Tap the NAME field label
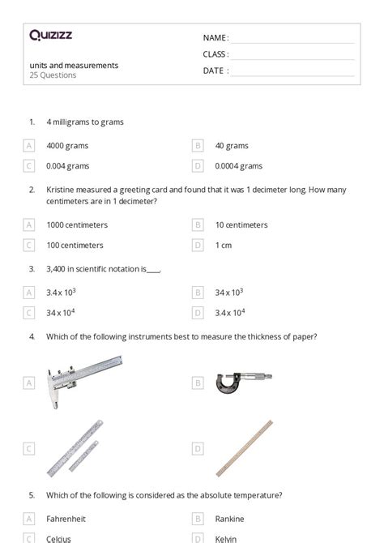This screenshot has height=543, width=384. click(215, 38)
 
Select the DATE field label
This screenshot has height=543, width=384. click(215, 71)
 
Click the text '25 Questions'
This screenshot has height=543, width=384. click(53, 75)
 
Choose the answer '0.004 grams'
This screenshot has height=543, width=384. click(67, 165)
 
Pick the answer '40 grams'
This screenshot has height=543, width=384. click(232, 146)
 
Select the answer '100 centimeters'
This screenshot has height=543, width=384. click(77, 245)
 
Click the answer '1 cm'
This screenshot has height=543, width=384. click(224, 245)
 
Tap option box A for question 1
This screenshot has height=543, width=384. click(29, 146)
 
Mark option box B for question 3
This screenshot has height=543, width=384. click(198, 292)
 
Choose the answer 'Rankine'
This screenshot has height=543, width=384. click(229, 519)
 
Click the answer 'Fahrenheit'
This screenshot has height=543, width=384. click(66, 519)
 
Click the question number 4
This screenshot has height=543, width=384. click(32, 336)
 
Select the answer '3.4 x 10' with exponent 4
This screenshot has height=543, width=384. click(231, 312)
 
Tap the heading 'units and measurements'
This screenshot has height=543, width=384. click(75, 65)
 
